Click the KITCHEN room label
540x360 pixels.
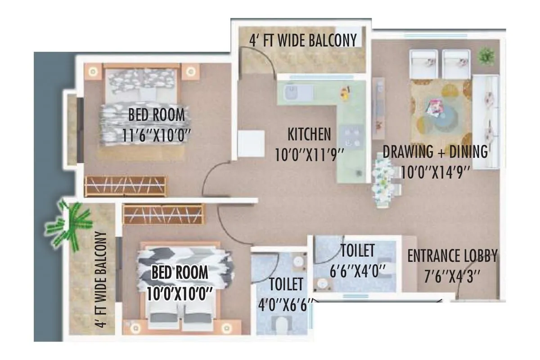309,134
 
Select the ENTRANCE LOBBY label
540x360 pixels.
452,256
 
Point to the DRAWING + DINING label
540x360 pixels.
435,152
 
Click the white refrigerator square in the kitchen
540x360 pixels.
251,144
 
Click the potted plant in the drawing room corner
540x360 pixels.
486,57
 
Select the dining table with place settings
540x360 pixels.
387,180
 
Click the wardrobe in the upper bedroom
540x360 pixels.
126,186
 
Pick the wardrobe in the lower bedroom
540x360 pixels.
163,214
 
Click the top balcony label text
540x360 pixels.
303,40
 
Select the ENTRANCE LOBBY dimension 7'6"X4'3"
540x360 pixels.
452,275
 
